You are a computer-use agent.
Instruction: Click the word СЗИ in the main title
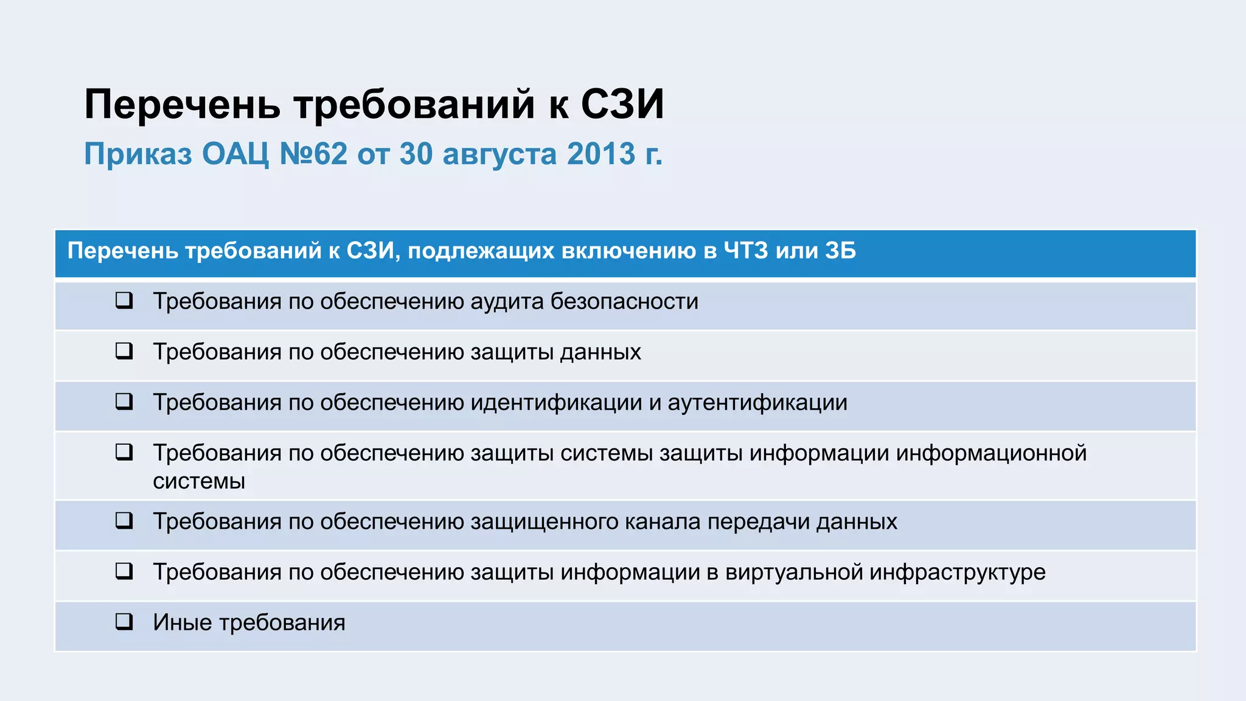[x=622, y=105]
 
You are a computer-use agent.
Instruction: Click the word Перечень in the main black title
[x=182, y=105]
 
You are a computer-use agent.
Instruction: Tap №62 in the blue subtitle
[x=313, y=154]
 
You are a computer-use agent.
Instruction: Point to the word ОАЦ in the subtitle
[x=235, y=154]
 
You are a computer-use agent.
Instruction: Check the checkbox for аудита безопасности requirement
[x=124, y=300]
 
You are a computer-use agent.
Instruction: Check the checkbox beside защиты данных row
[x=124, y=350]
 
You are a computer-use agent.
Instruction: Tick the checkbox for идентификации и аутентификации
[x=124, y=401]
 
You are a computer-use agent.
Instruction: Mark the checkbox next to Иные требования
[x=124, y=621]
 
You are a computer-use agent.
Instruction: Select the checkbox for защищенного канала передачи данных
[x=124, y=520]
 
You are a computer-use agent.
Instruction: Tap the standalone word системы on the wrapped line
[x=199, y=481]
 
